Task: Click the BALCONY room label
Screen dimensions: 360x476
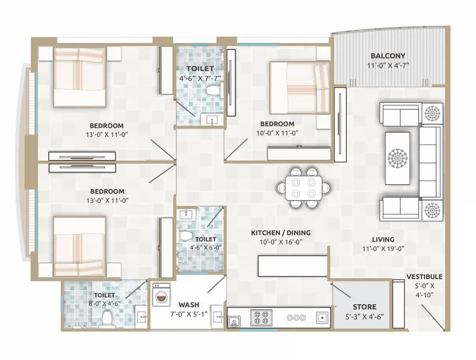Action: (388, 55)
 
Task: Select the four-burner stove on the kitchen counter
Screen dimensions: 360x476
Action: (261, 318)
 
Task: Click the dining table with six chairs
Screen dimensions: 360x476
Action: (303, 187)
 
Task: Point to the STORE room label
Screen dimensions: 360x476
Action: (364, 307)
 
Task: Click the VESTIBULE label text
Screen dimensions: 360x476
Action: (424, 276)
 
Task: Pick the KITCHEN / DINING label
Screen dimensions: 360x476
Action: (281, 233)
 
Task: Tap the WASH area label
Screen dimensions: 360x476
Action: (189, 304)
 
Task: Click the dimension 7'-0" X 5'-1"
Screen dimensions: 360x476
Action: (189, 314)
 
